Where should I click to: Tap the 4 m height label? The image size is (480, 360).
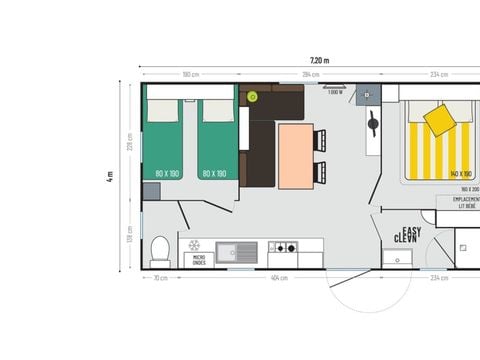pyautogui.click(x=111, y=176)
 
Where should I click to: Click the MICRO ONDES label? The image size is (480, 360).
pyautogui.click(x=199, y=261)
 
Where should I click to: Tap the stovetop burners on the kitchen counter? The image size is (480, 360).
pyautogui.click(x=282, y=247)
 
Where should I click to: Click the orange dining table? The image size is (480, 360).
pyautogui.click(x=295, y=155)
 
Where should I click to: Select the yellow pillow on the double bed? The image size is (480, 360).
pyautogui.click(x=440, y=121)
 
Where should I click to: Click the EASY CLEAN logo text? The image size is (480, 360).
pyautogui.click(x=407, y=236)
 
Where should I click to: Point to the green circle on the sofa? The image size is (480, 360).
pyautogui.click(x=252, y=97)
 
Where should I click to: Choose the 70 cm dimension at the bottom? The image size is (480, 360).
pyautogui.click(x=160, y=277)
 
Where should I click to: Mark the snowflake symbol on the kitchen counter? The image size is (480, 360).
pyautogui.click(x=195, y=244)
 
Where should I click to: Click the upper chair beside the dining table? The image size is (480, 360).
pyautogui.click(x=321, y=141)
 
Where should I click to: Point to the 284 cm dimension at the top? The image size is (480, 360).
pyautogui.click(x=311, y=74)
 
